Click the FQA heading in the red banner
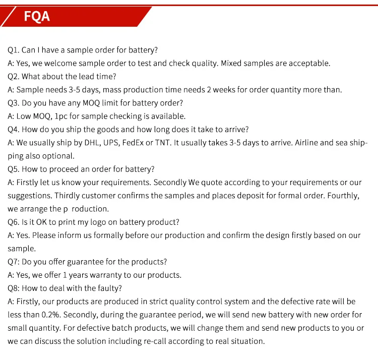click(x=37, y=16)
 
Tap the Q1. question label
click(x=13, y=50)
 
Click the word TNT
click(x=163, y=143)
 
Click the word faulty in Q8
click(x=109, y=288)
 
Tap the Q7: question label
click(x=14, y=262)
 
